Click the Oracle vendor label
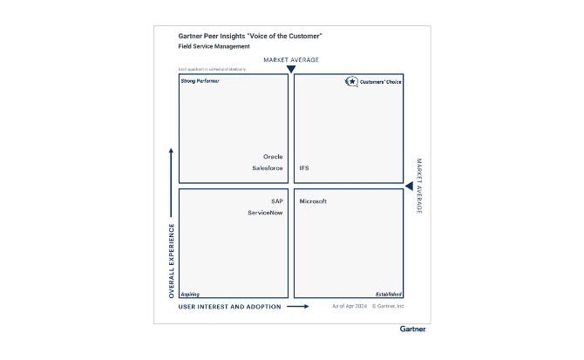click(x=273, y=157)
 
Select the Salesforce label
click(x=268, y=168)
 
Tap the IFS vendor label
click(x=304, y=168)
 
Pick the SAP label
click(x=277, y=201)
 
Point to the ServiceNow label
click(x=265, y=213)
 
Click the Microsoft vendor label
click(x=313, y=201)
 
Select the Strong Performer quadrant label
click(x=200, y=81)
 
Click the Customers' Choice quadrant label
click(x=382, y=82)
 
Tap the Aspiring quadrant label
click(x=190, y=295)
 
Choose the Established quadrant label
click(x=388, y=295)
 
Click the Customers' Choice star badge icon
click(x=352, y=82)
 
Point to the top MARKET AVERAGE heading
click(x=291, y=60)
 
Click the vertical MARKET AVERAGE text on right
click(x=418, y=187)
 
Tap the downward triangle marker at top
click(x=291, y=69)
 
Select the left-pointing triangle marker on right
click(x=409, y=187)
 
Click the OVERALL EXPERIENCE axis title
click(x=172, y=261)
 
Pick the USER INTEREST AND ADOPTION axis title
click(x=230, y=307)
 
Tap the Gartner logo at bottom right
click(x=412, y=329)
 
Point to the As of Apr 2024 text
click(x=349, y=307)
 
